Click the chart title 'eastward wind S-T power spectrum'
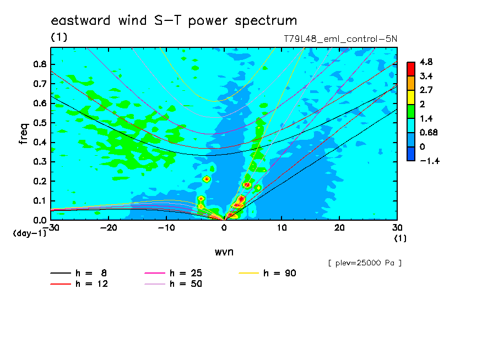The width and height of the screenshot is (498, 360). (x=174, y=21)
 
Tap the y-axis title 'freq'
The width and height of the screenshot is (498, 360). (x=24, y=134)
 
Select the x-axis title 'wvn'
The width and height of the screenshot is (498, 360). (x=224, y=252)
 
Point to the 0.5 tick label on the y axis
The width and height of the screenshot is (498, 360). (x=40, y=123)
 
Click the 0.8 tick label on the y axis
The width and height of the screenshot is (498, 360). (x=40, y=64)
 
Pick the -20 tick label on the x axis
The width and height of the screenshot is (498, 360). (x=109, y=228)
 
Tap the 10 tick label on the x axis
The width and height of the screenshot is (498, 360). (x=282, y=228)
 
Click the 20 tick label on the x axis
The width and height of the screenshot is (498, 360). (x=339, y=228)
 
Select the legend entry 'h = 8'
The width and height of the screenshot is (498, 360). (x=78, y=273)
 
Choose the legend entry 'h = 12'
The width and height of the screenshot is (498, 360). (x=79, y=284)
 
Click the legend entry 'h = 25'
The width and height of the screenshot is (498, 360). (x=173, y=273)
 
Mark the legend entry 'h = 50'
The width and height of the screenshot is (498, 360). (x=173, y=284)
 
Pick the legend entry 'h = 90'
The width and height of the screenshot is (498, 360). (x=267, y=273)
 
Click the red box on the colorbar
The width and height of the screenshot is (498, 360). (x=411, y=69)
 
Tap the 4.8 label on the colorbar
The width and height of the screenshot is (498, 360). (x=426, y=62)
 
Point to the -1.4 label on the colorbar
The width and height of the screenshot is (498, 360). (x=430, y=161)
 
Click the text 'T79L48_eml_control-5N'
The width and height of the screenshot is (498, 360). (x=340, y=39)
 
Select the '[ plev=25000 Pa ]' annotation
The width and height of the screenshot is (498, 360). (x=365, y=263)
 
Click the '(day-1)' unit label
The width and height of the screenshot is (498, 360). (x=29, y=233)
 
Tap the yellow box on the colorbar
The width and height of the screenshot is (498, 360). (x=411, y=97)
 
